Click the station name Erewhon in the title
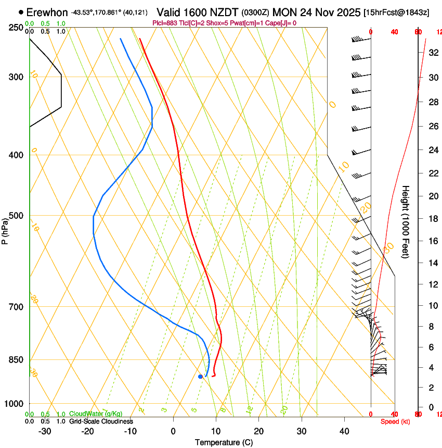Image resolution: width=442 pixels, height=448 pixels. pos(47,12)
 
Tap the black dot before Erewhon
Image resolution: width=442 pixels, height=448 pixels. pos(21,12)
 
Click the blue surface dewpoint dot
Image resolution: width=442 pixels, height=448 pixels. pos(200,376)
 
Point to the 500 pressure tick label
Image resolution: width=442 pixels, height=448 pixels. pos(16,216)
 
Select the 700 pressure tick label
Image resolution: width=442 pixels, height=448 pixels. pos(16,307)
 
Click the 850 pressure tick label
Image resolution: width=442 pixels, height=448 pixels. pos(16,360)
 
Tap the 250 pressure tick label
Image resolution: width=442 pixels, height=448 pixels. pos(16,28)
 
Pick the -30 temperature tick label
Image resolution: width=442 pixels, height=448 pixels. pos(45,431)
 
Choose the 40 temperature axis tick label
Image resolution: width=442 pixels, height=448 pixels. pos(344,431)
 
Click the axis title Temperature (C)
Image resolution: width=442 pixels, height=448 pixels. pos(224,443)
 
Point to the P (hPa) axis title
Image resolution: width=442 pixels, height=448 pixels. pos(5,230)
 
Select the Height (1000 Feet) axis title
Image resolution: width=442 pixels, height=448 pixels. pos(406,221)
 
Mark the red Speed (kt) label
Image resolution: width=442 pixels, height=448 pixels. pos(395,421)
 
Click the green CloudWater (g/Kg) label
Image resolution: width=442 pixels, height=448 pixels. pos(95,414)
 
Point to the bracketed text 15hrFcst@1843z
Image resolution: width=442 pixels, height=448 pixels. pos(396,13)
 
